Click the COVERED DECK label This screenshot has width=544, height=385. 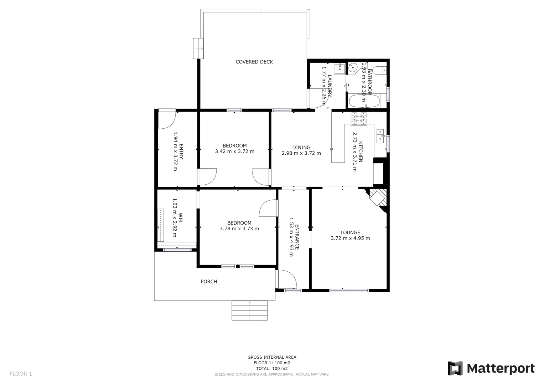pyautogui.click(x=254, y=62)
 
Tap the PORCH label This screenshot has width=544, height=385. pyautogui.click(x=209, y=282)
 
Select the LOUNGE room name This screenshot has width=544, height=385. pyautogui.click(x=350, y=232)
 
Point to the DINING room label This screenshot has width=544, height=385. pyautogui.click(x=301, y=148)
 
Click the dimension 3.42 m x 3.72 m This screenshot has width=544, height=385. pyautogui.click(x=234, y=151)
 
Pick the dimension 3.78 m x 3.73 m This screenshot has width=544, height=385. pyautogui.click(x=239, y=229)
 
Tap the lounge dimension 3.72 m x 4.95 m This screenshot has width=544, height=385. pyautogui.click(x=350, y=238)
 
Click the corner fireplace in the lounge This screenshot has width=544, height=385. pyautogui.click(x=378, y=198)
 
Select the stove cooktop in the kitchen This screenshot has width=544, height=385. pyautogui.click(x=359, y=119)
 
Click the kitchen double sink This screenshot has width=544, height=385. pyautogui.click(x=380, y=136)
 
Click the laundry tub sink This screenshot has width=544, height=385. pyautogui.click(x=340, y=68)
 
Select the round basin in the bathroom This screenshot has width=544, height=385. pyautogui.click(x=353, y=67)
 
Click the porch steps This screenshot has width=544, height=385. pyautogui.click(x=249, y=310)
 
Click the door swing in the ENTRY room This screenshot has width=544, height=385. pyautogui.click(x=166, y=120)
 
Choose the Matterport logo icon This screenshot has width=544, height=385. pyautogui.click(x=455, y=368)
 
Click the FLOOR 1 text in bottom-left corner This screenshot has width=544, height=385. pyautogui.click(x=21, y=374)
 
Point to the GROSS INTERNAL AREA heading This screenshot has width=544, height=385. pyautogui.click(x=272, y=357)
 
